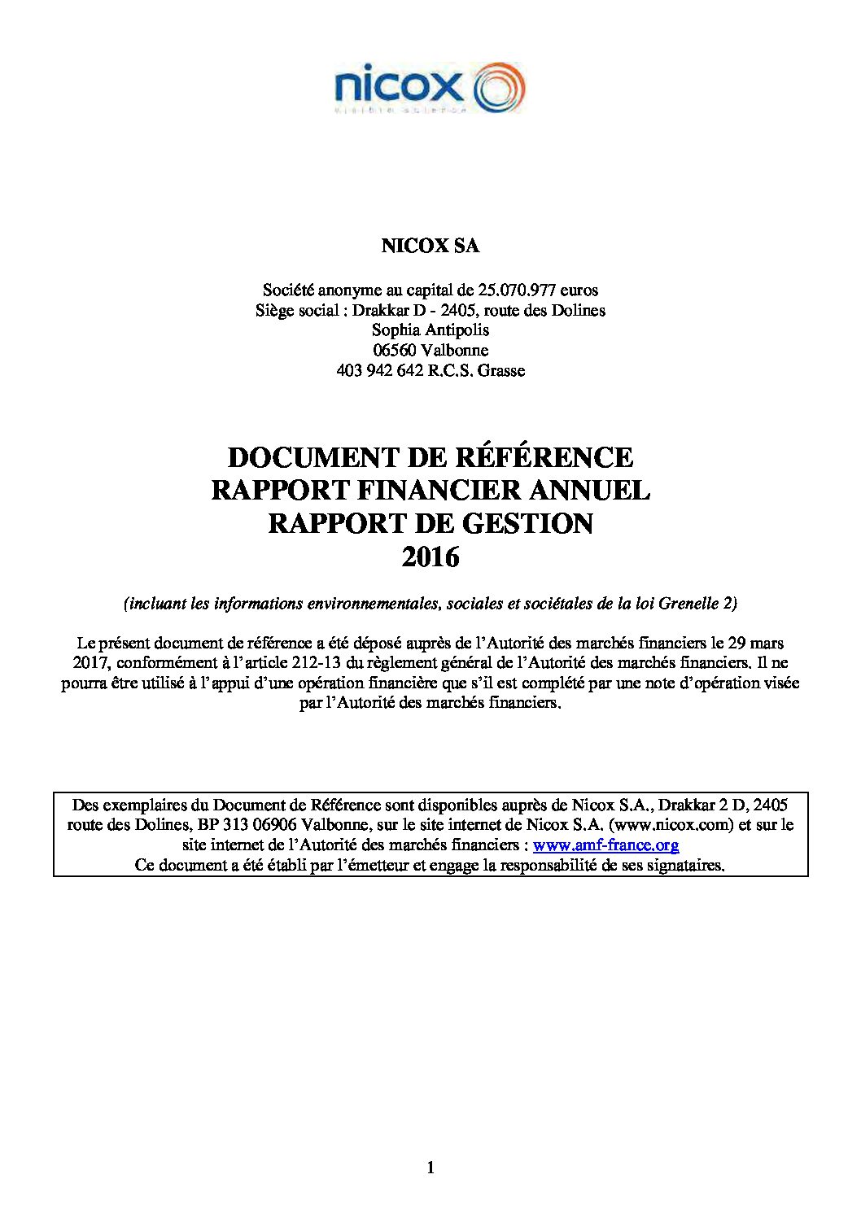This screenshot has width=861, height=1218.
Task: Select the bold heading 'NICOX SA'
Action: (x=430, y=246)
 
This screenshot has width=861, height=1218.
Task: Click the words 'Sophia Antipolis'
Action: (x=430, y=330)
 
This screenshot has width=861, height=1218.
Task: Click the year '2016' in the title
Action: (x=430, y=557)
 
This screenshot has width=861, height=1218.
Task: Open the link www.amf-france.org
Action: (x=605, y=845)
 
